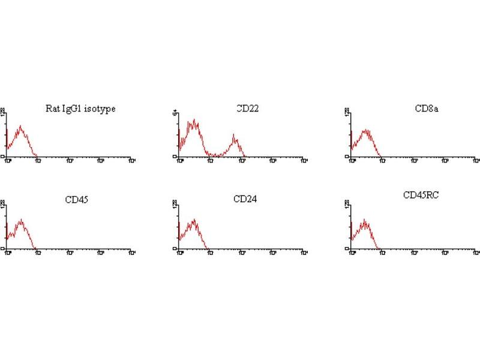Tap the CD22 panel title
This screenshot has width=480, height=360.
tap(247, 109)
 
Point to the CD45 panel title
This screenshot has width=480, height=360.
tap(77, 199)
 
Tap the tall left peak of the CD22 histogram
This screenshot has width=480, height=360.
tap(194, 121)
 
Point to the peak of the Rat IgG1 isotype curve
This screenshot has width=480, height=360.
tap(21, 126)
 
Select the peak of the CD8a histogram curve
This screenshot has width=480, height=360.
tap(366, 130)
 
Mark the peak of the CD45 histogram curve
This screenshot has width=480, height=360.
tap(21, 220)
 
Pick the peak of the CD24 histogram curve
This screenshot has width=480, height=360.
tap(195, 220)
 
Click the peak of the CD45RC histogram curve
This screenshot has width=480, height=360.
tap(364, 220)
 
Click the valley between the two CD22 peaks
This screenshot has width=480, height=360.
tap(214, 155)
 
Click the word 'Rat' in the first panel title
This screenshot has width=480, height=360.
tap(52, 109)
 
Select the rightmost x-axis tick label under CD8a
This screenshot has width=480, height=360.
tap(476, 161)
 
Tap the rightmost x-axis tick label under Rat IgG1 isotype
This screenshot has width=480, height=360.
tap(131, 161)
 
